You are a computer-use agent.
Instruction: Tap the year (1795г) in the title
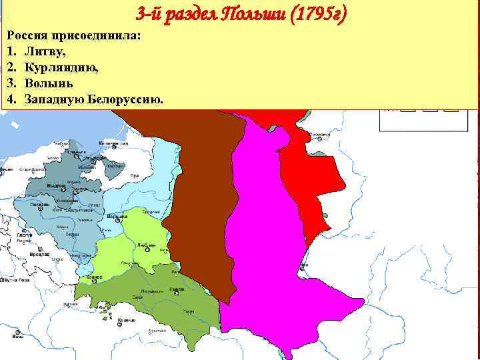(314, 13)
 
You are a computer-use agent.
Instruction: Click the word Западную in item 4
(55, 99)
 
